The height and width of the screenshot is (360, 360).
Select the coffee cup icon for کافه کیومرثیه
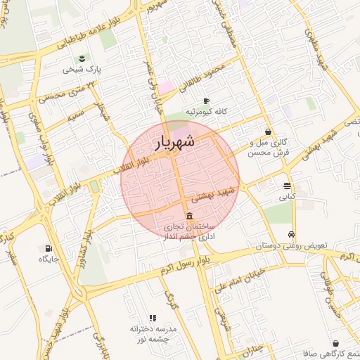(x=206, y=101)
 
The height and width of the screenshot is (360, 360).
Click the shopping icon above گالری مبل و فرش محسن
(x=268, y=131)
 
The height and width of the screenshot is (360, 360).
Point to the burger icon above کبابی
(x=288, y=186)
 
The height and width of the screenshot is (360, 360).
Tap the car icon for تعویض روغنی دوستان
(x=291, y=235)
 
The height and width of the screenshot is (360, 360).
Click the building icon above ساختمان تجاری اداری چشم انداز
(x=189, y=216)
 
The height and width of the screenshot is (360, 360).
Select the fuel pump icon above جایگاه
(x=49, y=247)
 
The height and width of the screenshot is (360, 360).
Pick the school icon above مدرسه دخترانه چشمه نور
(x=153, y=318)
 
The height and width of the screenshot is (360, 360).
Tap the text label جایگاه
(x=49, y=259)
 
